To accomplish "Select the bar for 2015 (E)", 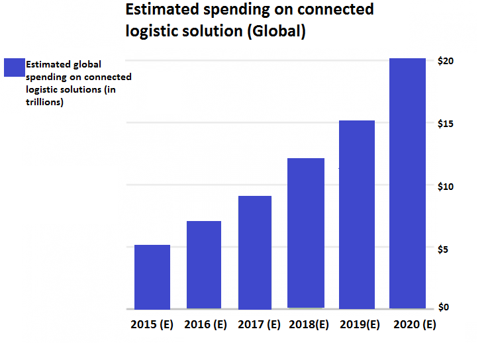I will [152, 277].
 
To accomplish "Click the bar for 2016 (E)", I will [203, 265].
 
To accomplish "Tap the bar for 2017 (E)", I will [254, 252].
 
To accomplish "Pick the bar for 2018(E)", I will [306, 233].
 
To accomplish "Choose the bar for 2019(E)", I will [357, 214].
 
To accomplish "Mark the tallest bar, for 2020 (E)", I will [407, 183].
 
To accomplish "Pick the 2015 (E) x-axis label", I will [152, 325].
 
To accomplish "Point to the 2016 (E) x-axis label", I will [205, 325].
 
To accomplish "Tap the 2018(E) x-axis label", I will [309, 325].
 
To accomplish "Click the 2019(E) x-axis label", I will [360, 325].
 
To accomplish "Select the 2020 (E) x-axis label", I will [415, 325].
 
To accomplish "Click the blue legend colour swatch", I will [14, 67].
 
